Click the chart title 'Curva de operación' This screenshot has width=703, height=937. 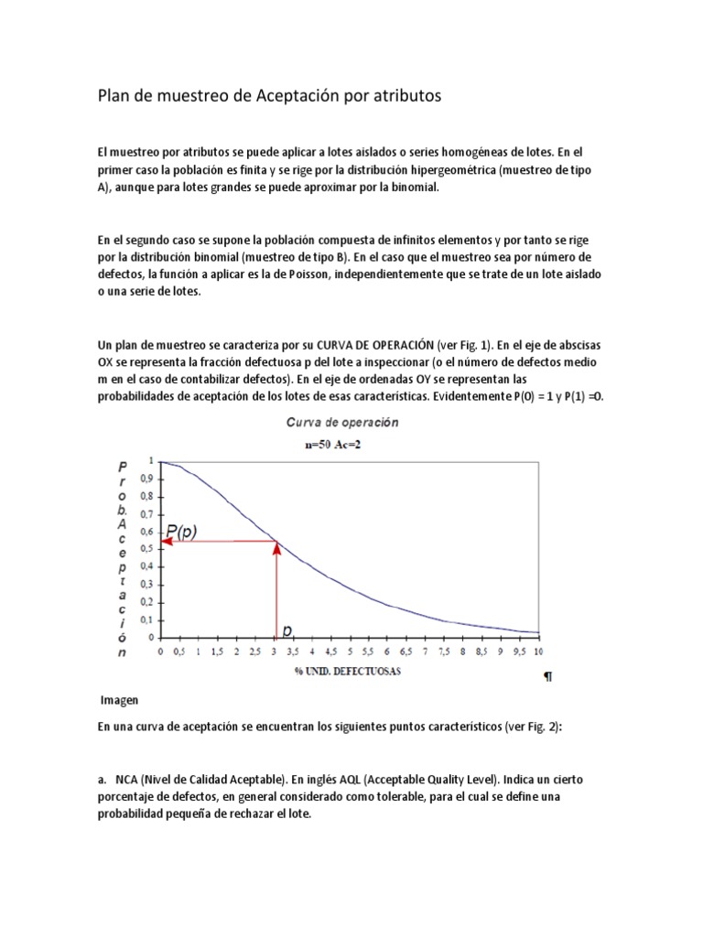coord(342,423)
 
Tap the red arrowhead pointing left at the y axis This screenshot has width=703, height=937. coord(166,542)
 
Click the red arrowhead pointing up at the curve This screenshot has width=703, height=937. coord(276,547)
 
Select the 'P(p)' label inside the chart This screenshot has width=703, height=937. coord(187,530)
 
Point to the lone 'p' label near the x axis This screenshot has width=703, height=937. coord(287,630)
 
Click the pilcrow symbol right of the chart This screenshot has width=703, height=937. coord(547,678)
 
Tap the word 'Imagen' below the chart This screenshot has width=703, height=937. coord(119,700)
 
